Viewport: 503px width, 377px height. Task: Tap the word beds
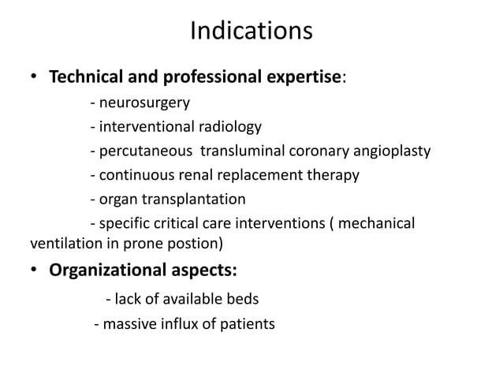pos(243,299)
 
